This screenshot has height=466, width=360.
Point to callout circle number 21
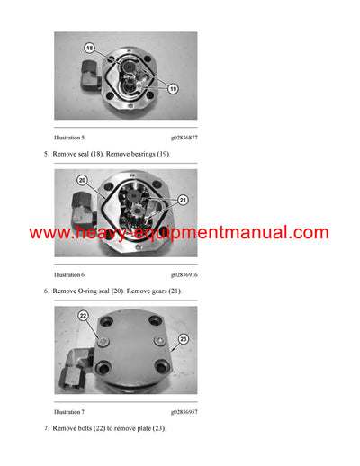click(182, 200)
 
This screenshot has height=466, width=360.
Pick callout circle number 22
click(82, 315)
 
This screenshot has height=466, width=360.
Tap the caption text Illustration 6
click(69, 274)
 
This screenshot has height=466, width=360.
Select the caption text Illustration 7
click(69, 411)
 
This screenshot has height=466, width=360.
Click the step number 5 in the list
click(46, 155)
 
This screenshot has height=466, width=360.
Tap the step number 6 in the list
click(46, 292)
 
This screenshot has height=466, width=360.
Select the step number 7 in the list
click(46, 429)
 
